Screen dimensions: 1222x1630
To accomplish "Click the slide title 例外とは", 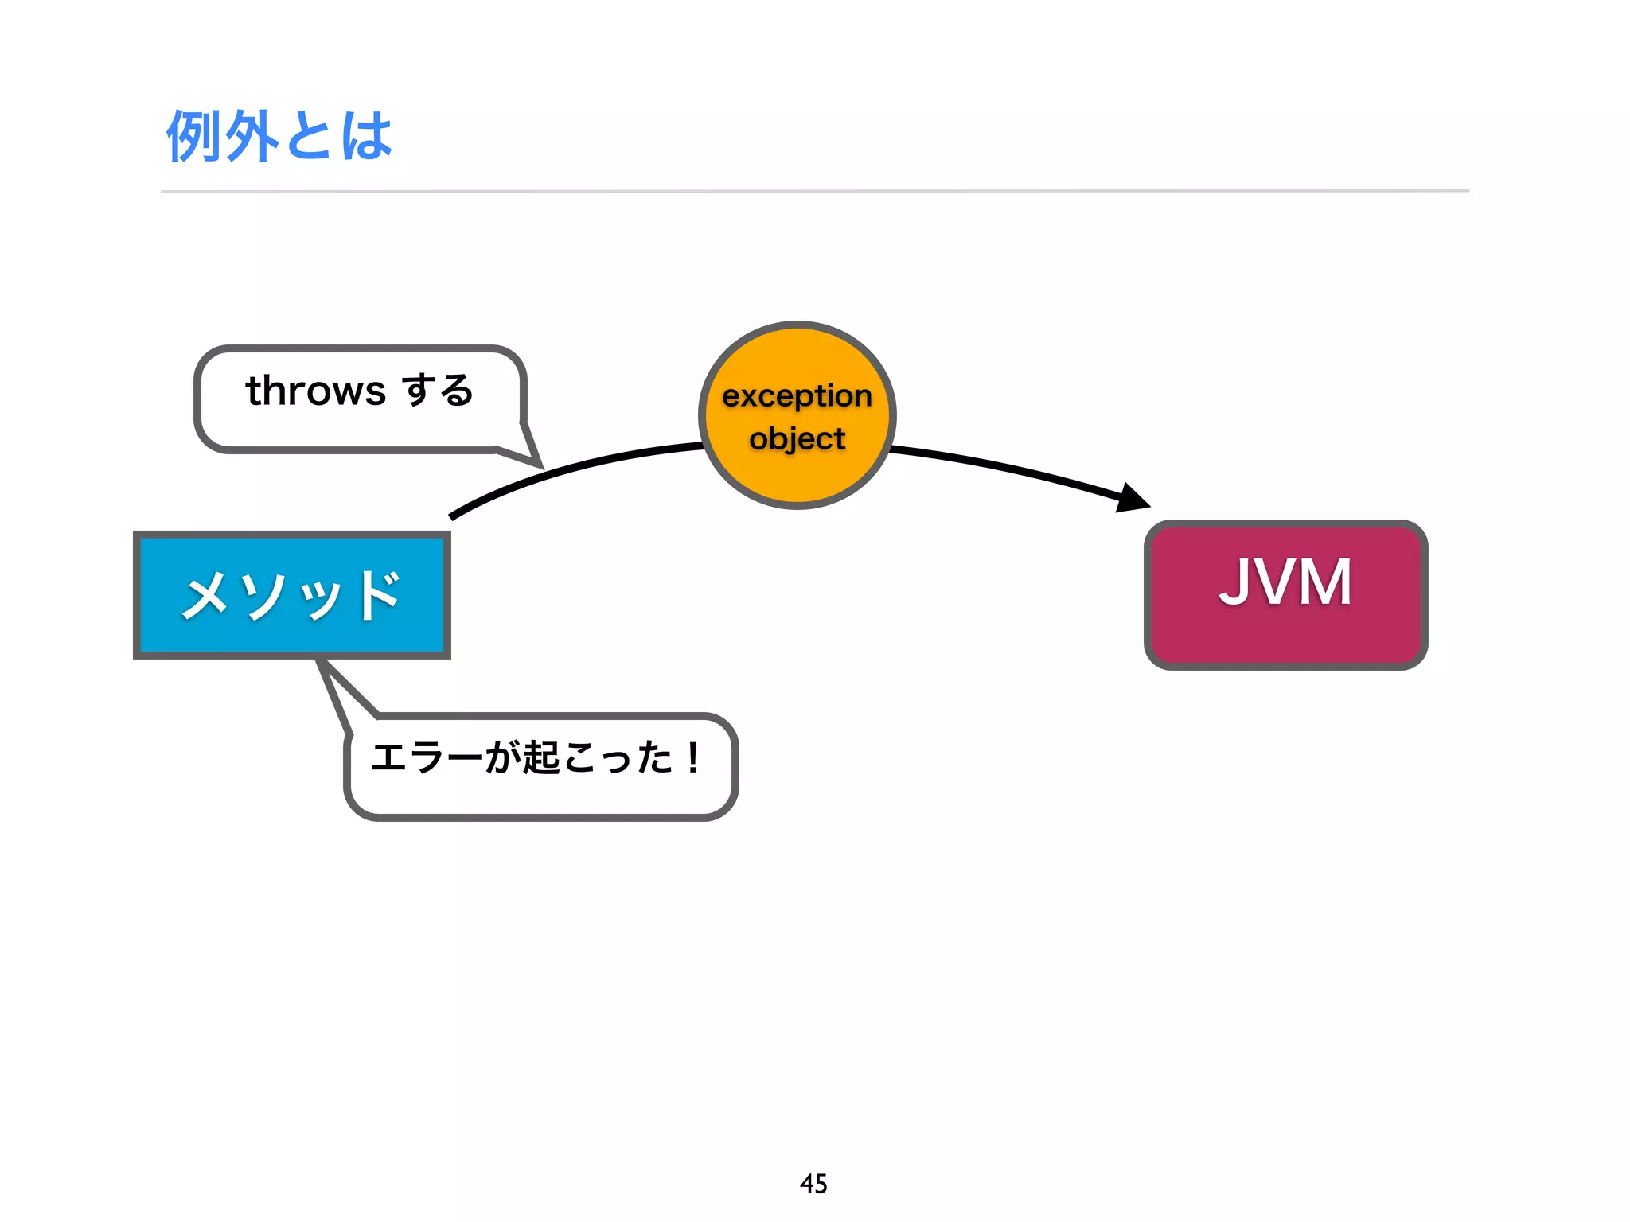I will pos(279,136).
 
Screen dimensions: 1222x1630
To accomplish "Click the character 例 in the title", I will pos(193,136).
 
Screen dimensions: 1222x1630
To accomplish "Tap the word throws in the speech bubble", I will pos(316,391).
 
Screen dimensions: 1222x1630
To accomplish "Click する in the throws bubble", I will pos(438,391).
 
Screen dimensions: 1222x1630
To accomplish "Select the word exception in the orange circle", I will pos(797,395).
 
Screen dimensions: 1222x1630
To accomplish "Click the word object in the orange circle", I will pos(797,439).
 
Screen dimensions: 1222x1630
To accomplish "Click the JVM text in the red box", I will pos(1285,582).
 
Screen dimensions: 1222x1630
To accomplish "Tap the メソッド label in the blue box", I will pos(291,595).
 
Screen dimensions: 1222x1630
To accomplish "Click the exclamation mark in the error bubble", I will pos(693,757).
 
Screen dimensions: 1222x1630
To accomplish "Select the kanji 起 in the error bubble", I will pos(540,757).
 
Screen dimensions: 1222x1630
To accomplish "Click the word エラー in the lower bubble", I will pos(426,757).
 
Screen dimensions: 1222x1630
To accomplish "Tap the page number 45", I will pos(813,1184).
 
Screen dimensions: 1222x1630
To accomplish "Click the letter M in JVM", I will pos(1324,582).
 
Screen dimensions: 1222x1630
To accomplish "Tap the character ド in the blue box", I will pos(379,595).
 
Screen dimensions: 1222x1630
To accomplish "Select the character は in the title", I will pos(367,136).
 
